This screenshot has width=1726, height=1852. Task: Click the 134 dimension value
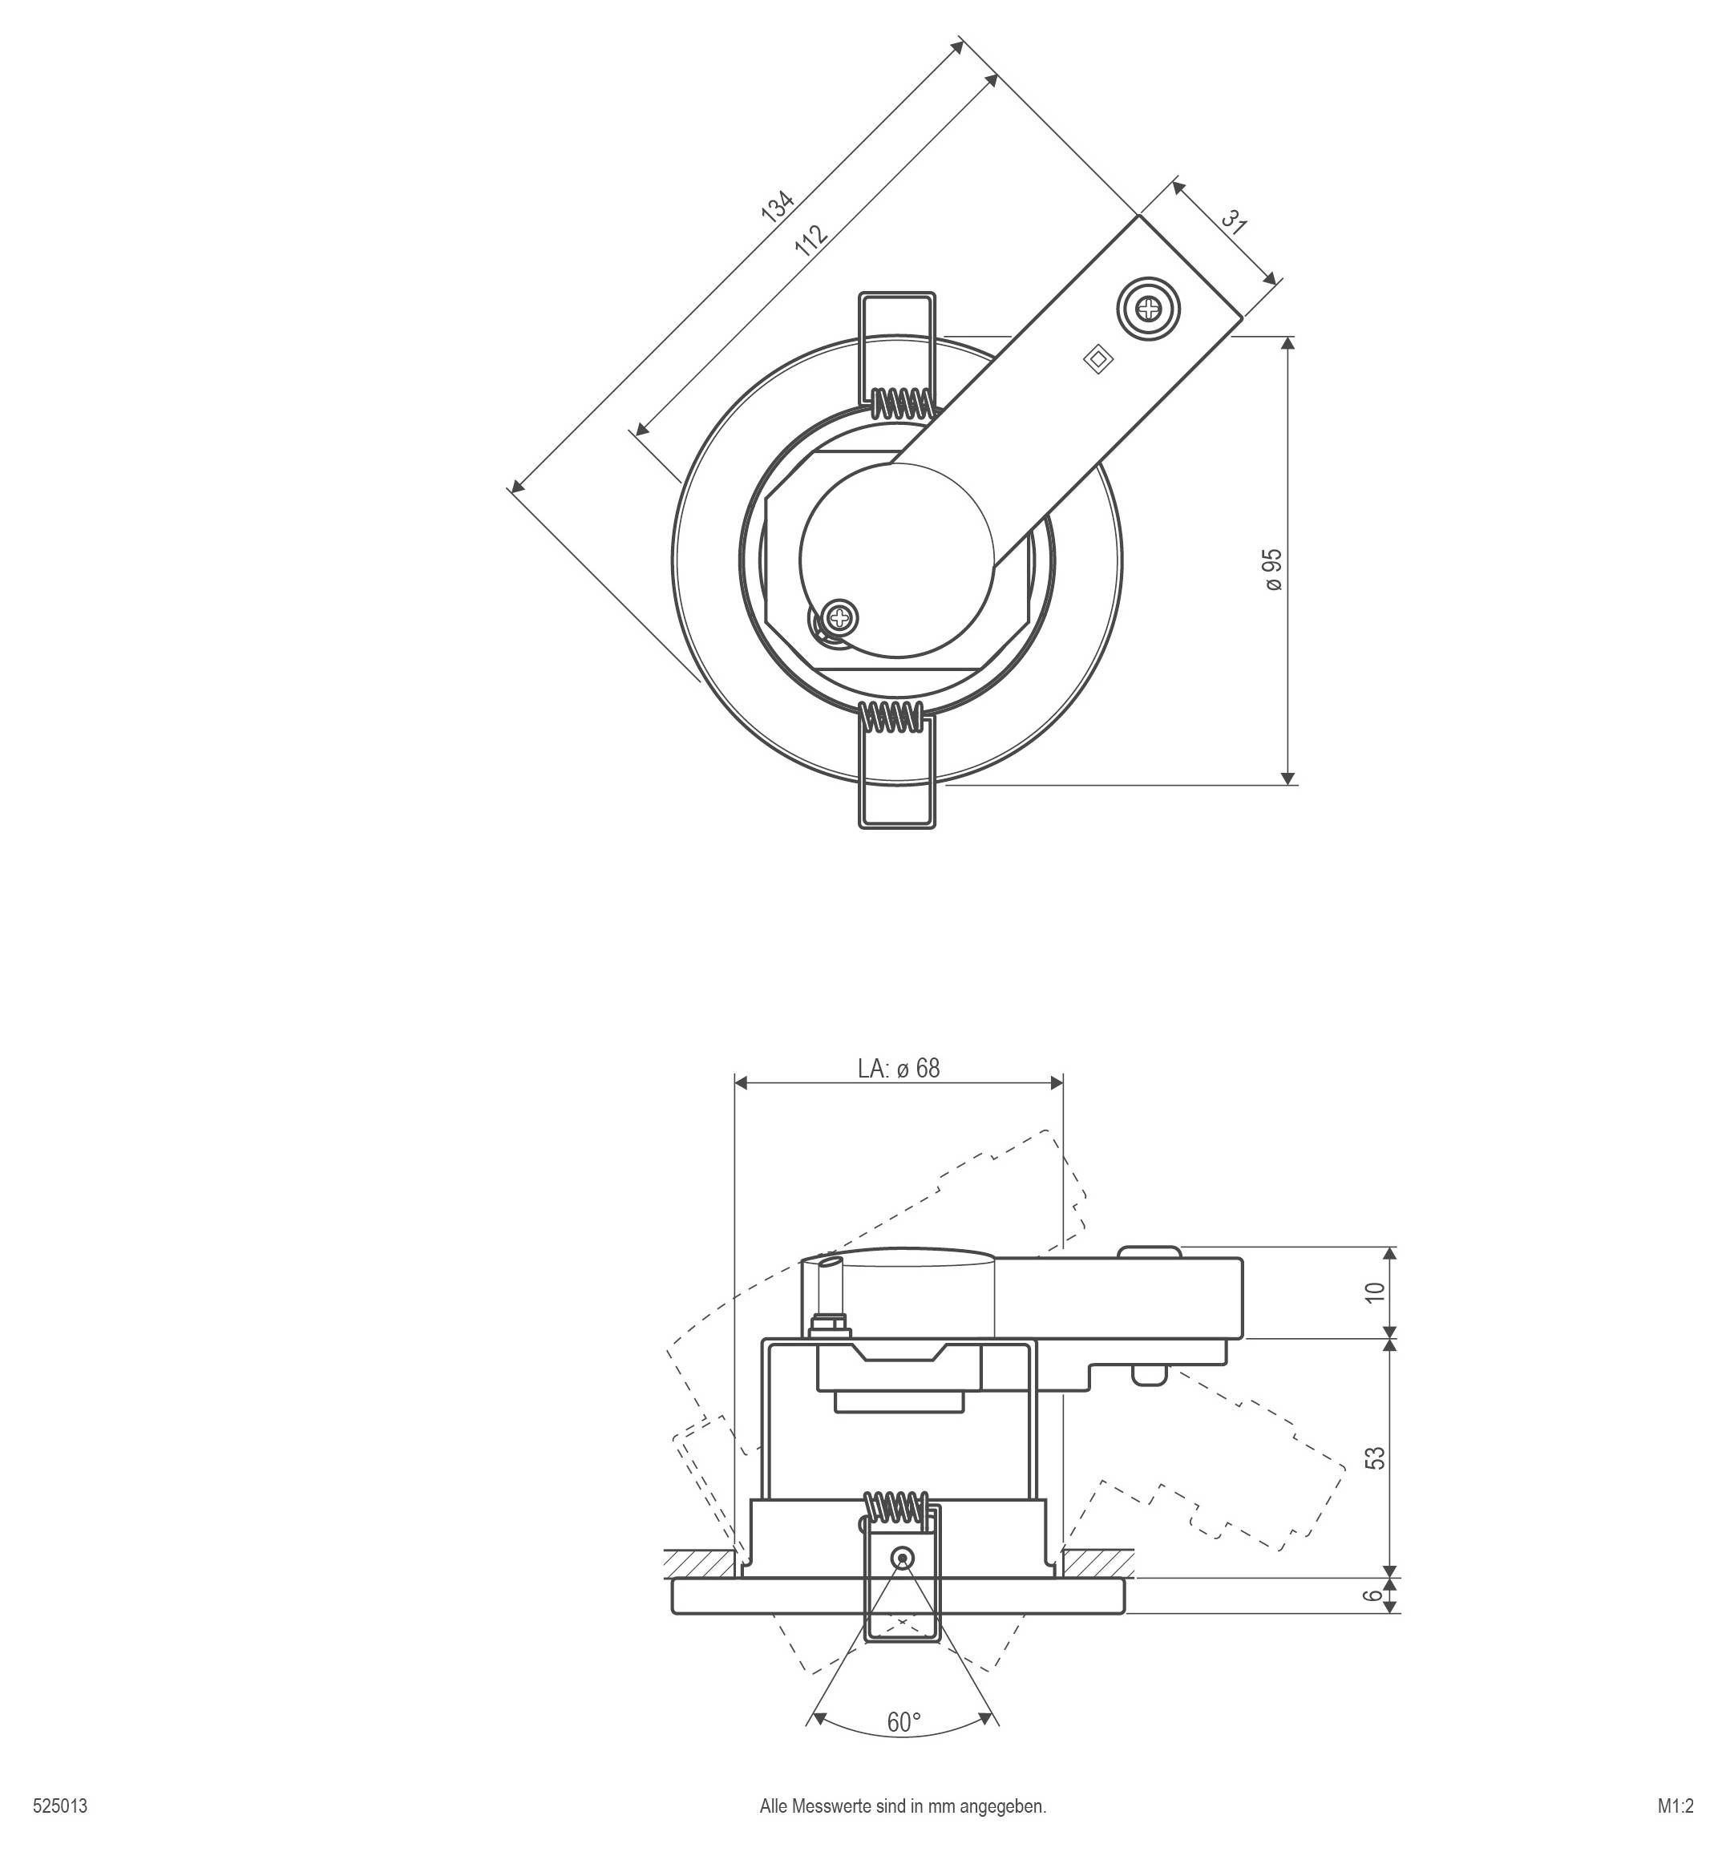(777, 206)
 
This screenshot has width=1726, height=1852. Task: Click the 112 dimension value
(810, 241)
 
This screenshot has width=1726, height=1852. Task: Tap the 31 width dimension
(1233, 220)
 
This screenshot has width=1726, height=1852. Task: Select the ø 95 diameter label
(1272, 569)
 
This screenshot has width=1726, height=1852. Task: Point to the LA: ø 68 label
(898, 1069)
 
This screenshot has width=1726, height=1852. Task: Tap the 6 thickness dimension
(1373, 1595)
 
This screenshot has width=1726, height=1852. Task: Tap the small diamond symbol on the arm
(1099, 361)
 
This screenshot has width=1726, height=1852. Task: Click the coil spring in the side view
(896, 1506)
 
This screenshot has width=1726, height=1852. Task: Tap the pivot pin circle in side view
(901, 1558)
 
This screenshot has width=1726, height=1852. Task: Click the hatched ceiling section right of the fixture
(1098, 1559)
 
